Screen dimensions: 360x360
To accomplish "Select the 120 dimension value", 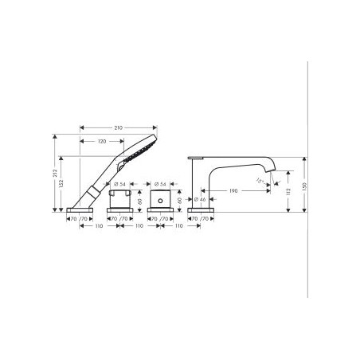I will (x=102, y=141).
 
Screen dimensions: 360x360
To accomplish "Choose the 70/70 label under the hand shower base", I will (x=77, y=218).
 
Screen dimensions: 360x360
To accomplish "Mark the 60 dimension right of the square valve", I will (x=180, y=201).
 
